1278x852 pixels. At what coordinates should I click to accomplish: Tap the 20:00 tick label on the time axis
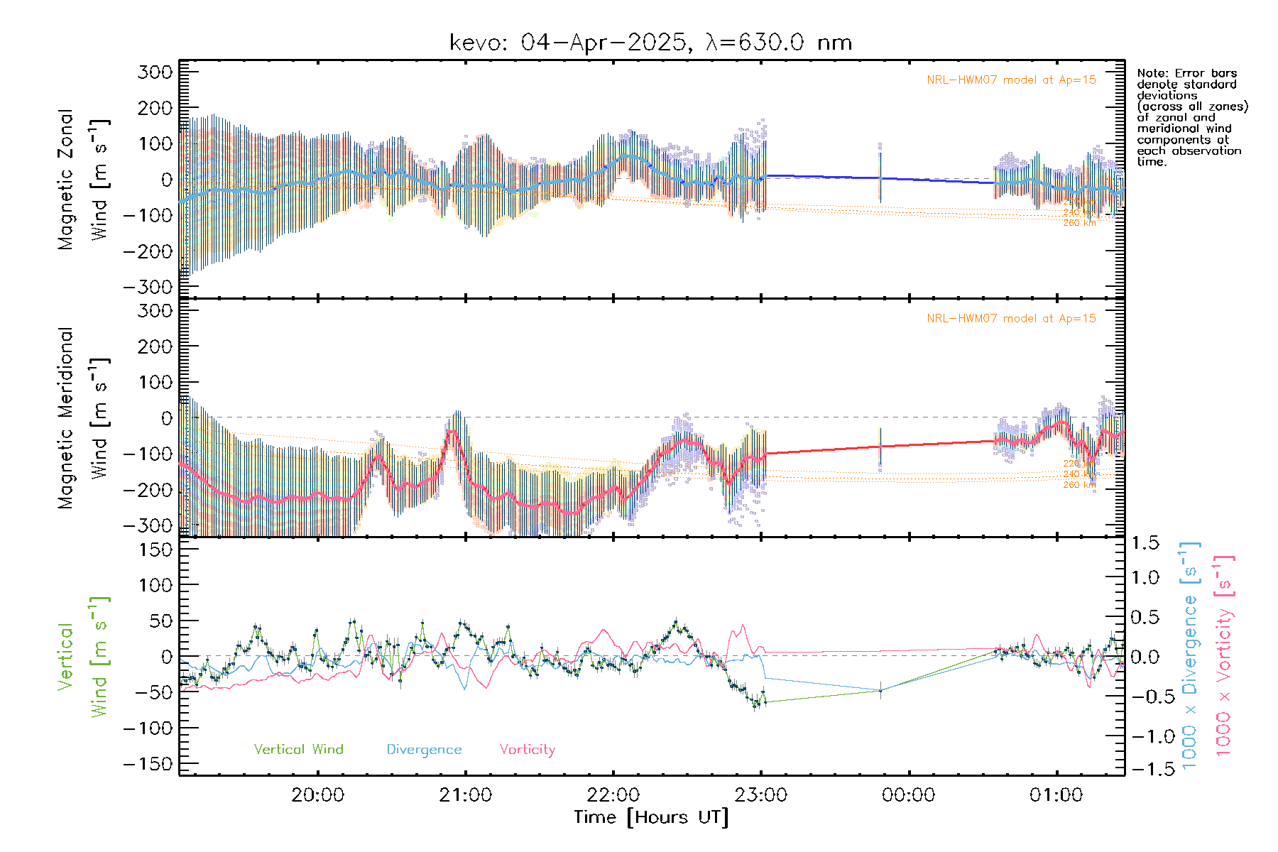(317, 795)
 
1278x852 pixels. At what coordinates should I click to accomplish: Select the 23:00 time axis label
(761, 795)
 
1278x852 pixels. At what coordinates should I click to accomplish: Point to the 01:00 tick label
(1056, 795)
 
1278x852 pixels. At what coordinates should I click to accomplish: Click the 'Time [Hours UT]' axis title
(651, 817)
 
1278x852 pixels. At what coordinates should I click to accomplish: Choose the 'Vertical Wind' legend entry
(298, 749)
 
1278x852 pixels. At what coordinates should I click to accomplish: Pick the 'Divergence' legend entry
(424, 749)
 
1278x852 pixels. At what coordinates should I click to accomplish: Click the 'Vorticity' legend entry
(527, 749)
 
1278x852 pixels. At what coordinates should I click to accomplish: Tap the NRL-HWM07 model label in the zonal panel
(1011, 80)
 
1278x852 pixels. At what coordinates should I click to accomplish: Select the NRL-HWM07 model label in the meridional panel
(1011, 319)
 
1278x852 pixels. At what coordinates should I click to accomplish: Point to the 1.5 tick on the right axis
(1145, 543)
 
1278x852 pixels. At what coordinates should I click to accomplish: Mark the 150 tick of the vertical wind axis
(156, 550)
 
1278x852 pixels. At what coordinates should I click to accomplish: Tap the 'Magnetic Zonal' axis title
(65, 179)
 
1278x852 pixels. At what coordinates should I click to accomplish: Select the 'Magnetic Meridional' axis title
(65, 417)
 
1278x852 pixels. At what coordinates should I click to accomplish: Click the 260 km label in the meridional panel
(1079, 485)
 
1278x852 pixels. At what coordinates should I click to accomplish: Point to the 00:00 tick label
(909, 795)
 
